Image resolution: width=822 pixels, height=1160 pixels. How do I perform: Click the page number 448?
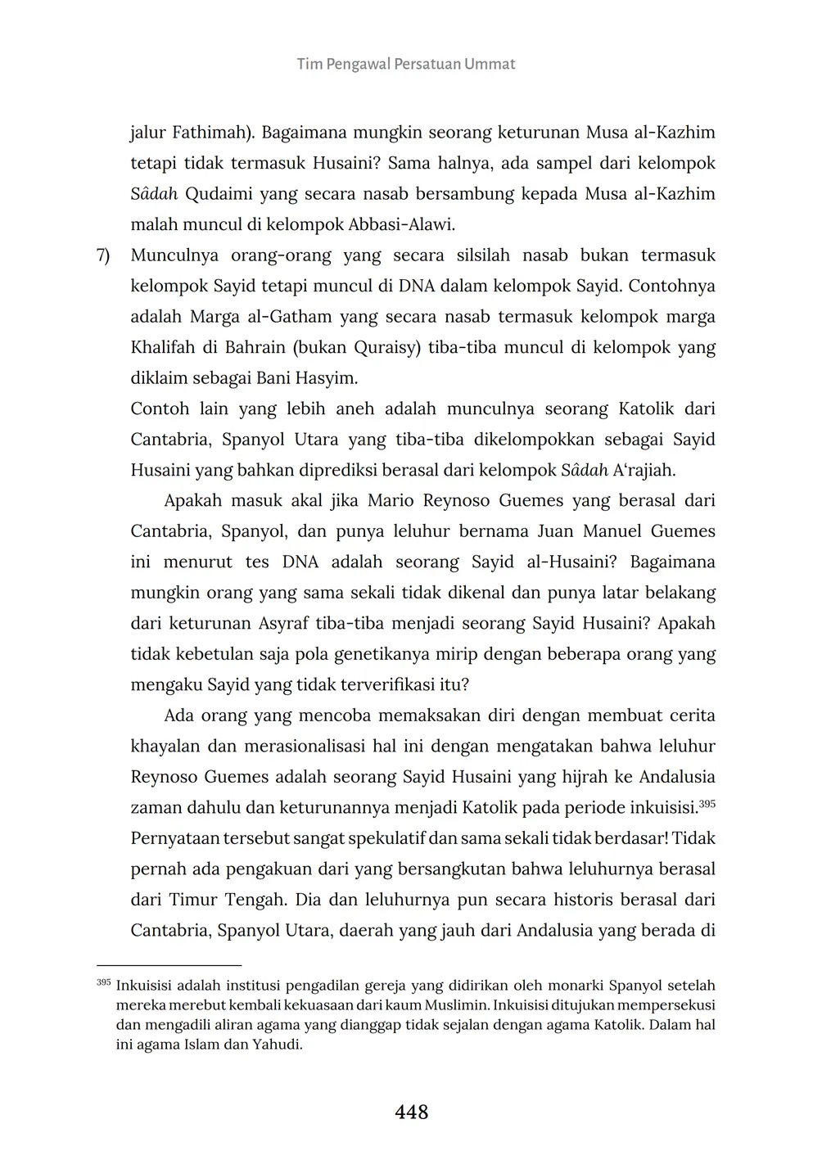(411, 1112)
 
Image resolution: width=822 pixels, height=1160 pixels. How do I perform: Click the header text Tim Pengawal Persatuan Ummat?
(406, 64)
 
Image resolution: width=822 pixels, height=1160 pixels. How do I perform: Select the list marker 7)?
(103, 255)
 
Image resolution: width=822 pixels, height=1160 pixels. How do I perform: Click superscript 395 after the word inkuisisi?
(707, 804)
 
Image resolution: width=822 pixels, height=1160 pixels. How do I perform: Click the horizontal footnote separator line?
(169, 966)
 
